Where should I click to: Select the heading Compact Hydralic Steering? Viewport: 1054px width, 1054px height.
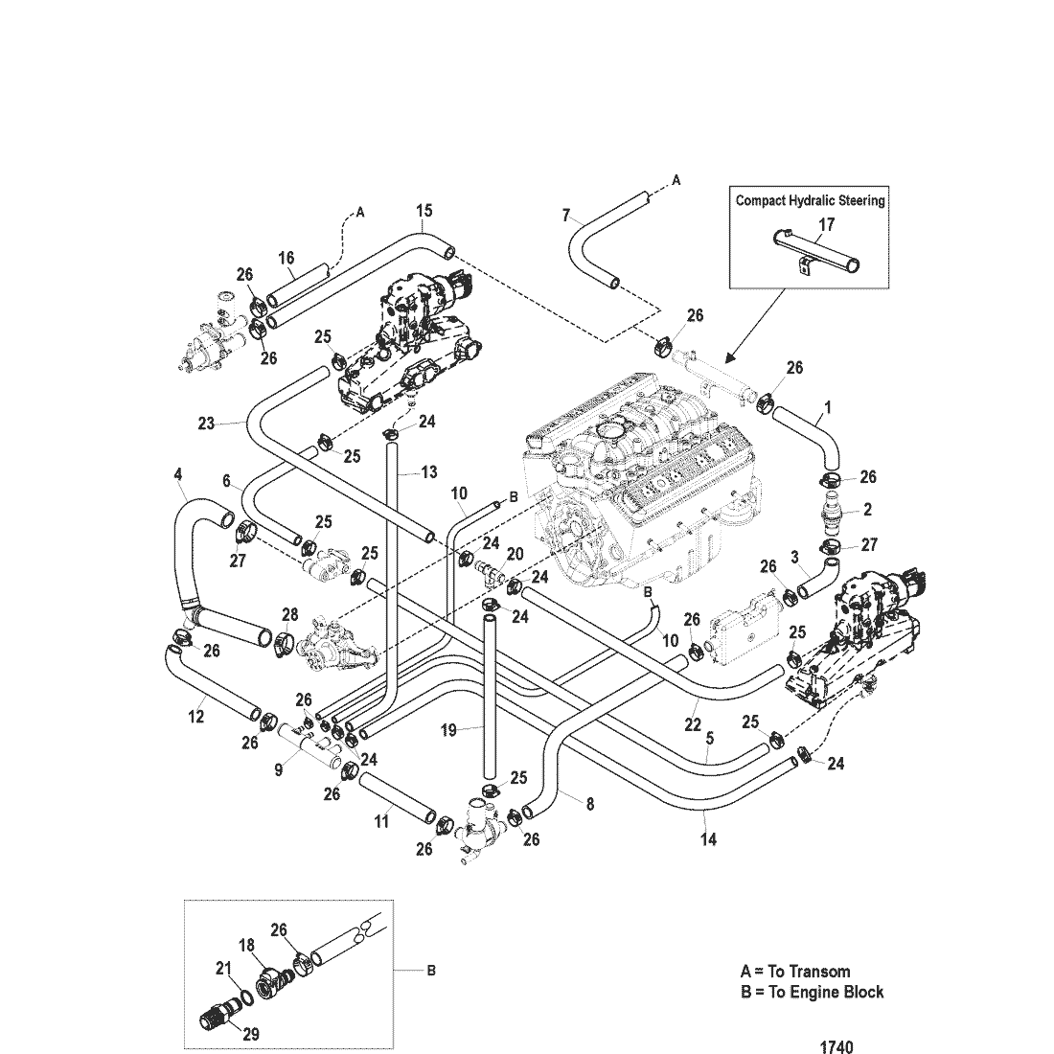pyautogui.click(x=810, y=200)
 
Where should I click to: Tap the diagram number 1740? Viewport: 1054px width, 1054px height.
pyautogui.click(x=836, y=1047)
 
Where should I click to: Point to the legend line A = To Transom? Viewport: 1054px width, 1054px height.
pyautogui.click(x=794, y=971)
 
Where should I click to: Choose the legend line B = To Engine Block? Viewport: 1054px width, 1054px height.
pyautogui.click(x=812, y=992)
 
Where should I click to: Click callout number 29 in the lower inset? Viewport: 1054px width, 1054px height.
pyautogui.click(x=250, y=1034)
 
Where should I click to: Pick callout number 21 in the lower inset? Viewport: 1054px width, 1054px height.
pyautogui.click(x=222, y=971)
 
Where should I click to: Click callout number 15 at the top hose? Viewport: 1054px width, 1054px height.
pyautogui.click(x=424, y=210)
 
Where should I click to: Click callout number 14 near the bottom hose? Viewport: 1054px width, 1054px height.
pyautogui.click(x=708, y=839)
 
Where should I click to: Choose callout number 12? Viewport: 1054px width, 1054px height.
pyautogui.click(x=195, y=716)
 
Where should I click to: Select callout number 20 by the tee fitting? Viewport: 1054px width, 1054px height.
pyautogui.click(x=515, y=554)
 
